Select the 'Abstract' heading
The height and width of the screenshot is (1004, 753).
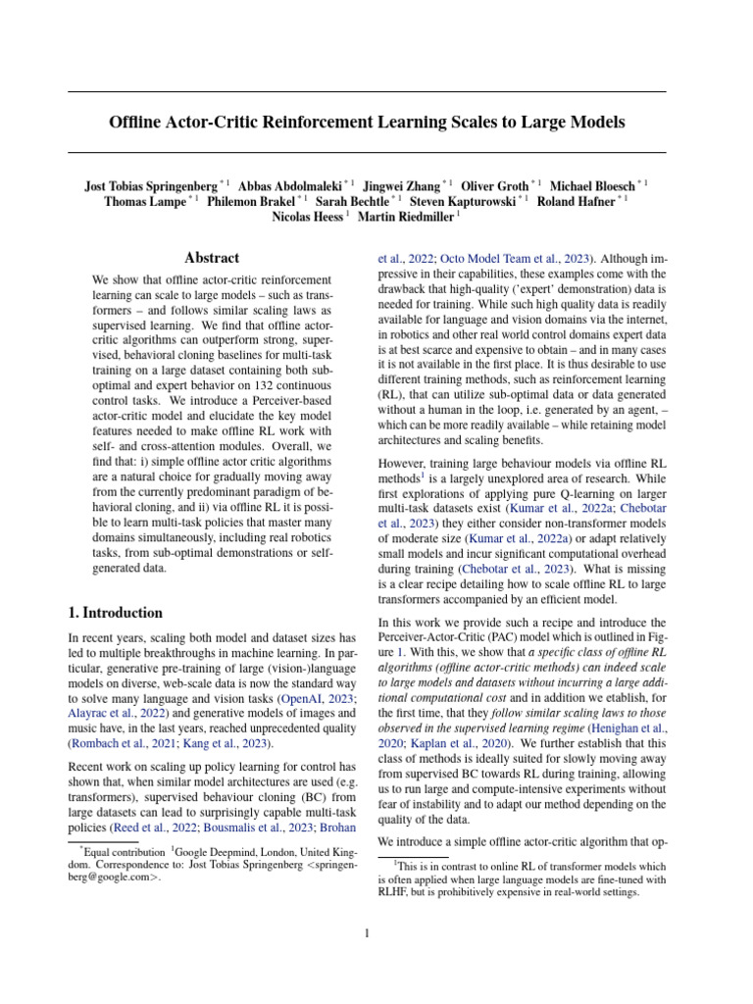(x=212, y=258)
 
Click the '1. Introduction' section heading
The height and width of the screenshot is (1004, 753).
(x=115, y=613)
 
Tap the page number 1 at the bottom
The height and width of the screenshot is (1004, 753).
(x=366, y=933)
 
